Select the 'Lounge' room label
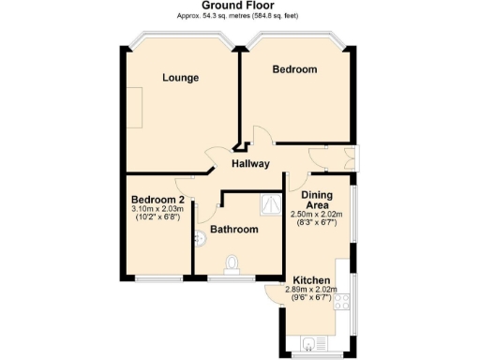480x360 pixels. [x=180, y=78]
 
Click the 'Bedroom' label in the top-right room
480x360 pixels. [x=294, y=69]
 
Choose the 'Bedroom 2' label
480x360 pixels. [x=157, y=200]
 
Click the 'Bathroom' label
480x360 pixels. [x=233, y=229]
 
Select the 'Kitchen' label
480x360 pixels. [x=310, y=280]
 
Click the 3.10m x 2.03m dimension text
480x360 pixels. [x=157, y=209]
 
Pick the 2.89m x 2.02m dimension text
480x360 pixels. [x=310, y=290]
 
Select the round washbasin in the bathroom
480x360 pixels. [x=199, y=240]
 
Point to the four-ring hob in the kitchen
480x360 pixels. [x=342, y=301]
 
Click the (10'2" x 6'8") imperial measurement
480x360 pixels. [x=157, y=217]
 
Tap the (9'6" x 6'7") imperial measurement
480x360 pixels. [x=310, y=298]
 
